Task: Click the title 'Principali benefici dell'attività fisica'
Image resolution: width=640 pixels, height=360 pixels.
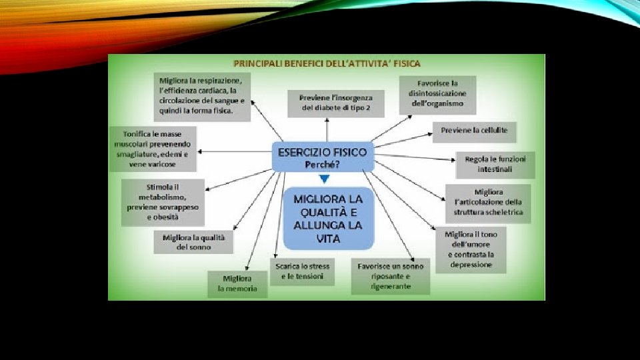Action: (x=326, y=64)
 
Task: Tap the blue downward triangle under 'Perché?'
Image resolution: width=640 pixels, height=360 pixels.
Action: (x=324, y=179)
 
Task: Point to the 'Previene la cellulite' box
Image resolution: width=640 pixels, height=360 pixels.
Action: (x=474, y=131)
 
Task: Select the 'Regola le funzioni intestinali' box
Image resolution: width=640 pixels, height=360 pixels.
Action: (x=495, y=165)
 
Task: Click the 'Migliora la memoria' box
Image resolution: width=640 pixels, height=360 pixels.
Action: (x=237, y=283)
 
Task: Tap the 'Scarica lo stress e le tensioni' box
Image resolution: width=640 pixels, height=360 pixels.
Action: (x=303, y=271)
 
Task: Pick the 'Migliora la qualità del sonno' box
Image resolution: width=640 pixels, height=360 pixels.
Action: (x=194, y=242)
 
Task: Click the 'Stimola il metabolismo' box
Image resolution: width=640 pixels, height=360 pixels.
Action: (x=163, y=202)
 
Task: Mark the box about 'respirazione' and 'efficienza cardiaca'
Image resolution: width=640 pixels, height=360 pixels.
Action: (x=201, y=96)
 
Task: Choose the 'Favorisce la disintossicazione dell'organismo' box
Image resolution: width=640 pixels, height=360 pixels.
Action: (x=437, y=94)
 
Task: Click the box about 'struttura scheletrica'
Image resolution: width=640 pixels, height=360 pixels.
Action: (x=489, y=203)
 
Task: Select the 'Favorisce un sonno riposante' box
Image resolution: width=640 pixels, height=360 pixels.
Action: (x=391, y=276)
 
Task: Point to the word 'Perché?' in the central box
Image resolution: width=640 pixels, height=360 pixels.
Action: (x=323, y=163)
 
